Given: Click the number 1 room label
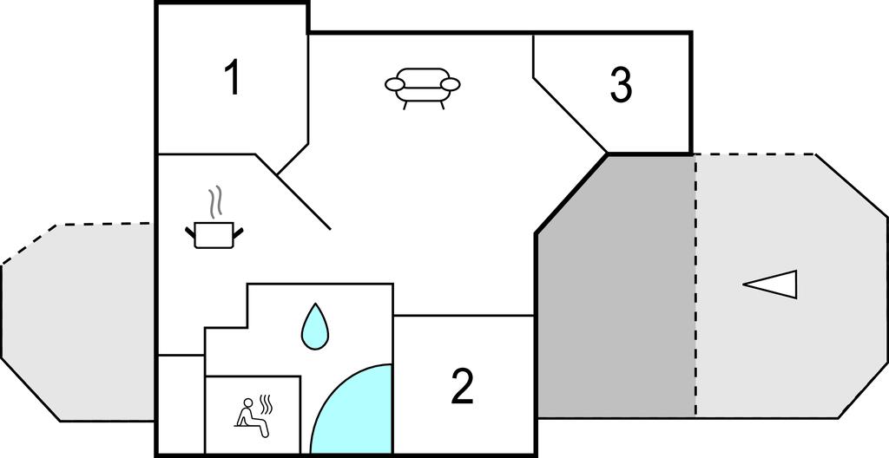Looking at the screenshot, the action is pos(233,78).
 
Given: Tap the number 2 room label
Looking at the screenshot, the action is pos(462,386).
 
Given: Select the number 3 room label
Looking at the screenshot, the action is pos(621,85).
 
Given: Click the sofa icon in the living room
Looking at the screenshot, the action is pos(423,88).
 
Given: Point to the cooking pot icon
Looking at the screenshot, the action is pos(214,235).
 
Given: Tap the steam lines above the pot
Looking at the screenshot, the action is pos(214,204).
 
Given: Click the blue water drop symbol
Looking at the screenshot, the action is pos(314,326).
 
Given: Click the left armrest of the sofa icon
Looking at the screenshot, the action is pos(395,85).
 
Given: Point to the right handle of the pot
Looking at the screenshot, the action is pos(238,232).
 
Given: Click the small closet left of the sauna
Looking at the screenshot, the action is pos(181,404).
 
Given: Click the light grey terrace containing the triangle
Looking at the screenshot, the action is pos(791,286).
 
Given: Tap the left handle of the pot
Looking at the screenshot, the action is pos(190,232).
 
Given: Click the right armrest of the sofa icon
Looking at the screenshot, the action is pos(451,85).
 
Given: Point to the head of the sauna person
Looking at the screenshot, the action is pos(247,403).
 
